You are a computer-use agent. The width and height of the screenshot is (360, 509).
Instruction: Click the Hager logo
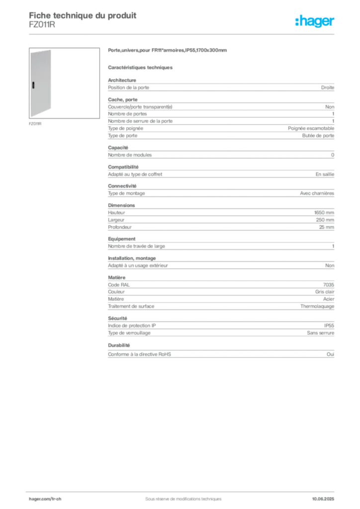pyautogui.click(x=315, y=21)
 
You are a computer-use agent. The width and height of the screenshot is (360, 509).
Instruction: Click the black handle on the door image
pyautogui.click(x=33, y=85)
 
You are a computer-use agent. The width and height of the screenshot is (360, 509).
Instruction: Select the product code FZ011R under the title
pyautogui.click(x=42, y=25)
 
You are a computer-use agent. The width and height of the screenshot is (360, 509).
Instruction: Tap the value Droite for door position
pyautogui.click(x=328, y=87)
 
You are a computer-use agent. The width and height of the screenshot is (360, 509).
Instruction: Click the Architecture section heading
pyautogui.click(x=122, y=80)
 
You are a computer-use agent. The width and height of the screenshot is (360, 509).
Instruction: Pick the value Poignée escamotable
pyautogui.click(x=311, y=129)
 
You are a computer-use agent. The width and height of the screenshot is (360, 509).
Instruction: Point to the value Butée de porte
pyautogui.click(x=318, y=136)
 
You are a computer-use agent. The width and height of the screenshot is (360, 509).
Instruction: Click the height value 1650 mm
pyautogui.click(x=324, y=213)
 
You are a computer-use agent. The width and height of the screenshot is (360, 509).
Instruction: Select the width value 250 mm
pyautogui.click(x=325, y=220)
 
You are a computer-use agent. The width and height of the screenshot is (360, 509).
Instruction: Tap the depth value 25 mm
pyautogui.click(x=327, y=227)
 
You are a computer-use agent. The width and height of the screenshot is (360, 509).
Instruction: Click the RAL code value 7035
pyautogui.click(x=329, y=285)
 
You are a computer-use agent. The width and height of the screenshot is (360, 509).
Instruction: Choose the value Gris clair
pyautogui.click(x=325, y=292)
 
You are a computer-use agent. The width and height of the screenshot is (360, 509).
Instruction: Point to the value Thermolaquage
pyautogui.click(x=317, y=306)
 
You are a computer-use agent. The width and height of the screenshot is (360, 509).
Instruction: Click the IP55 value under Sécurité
pyautogui.click(x=329, y=326)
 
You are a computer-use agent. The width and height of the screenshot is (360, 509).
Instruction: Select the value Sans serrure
pyautogui.click(x=320, y=333)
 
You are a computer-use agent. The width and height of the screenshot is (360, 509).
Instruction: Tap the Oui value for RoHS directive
pyautogui.click(x=331, y=354)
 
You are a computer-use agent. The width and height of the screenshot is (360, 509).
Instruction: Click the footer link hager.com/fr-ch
pyautogui.click(x=45, y=499)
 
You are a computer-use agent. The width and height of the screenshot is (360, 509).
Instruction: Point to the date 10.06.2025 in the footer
pyautogui.click(x=323, y=499)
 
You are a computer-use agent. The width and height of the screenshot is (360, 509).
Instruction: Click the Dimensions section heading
pyautogui.click(x=121, y=205)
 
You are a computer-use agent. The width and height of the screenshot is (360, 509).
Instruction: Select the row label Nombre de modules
pyautogui.click(x=130, y=155)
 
